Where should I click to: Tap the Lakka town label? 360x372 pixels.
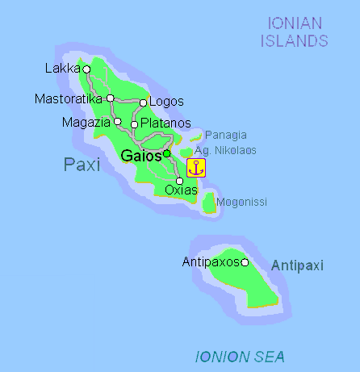(62, 69)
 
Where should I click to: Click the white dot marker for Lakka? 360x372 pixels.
(86, 69)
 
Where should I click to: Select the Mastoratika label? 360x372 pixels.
(69, 98)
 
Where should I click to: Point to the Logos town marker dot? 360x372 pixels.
(143, 102)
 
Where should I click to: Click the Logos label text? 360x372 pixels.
(167, 102)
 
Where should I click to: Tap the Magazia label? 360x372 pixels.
(86, 122)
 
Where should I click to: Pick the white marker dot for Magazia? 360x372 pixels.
(118, 122)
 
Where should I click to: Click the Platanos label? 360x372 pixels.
(165, 123)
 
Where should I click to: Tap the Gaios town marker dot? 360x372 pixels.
(166, 153)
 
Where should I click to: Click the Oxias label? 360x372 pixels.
(180, 190)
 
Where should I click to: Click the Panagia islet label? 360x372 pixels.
(225, 135)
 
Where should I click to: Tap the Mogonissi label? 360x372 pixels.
(243, 202)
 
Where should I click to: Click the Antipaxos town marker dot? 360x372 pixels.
(245, 261)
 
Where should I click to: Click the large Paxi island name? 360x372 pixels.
(82, 165)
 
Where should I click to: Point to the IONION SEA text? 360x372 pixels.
(241, 357)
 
